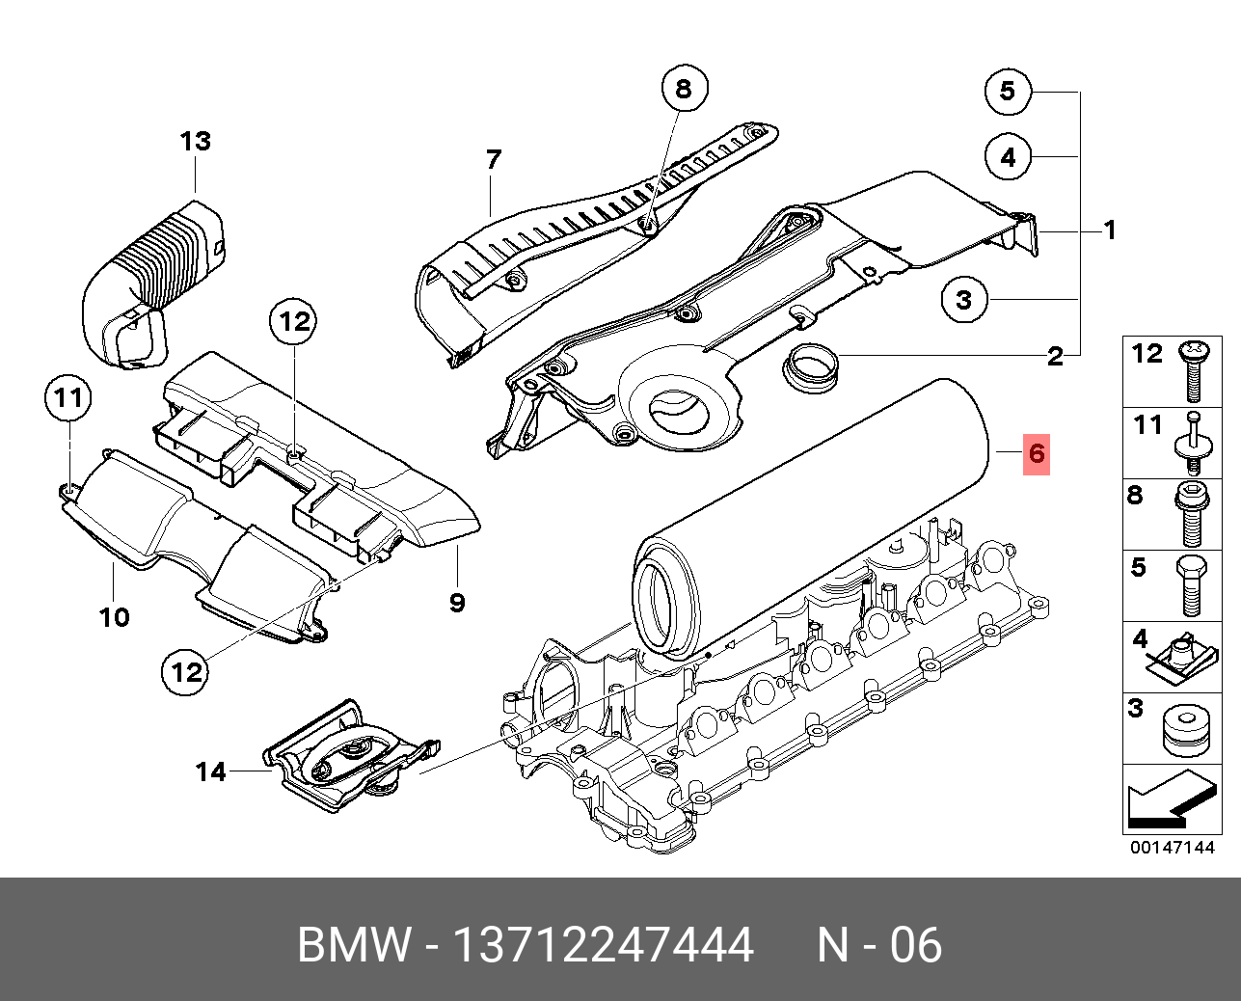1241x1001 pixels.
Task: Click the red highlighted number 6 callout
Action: [x=1037, y=453]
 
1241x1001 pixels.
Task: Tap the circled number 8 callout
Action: [x=684, y=90]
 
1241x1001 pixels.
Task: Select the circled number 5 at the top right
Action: [x=1008, y=91]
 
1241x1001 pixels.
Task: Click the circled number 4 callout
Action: [x=1008, y=156]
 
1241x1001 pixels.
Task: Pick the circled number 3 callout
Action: [x=964, y=300]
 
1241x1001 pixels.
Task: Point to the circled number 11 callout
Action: [x=68, y=397]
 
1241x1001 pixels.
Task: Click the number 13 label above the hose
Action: [x=195, y=142]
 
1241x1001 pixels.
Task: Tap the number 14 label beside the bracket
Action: [x=211, y=771]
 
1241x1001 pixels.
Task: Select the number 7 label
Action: [x=494, y=159]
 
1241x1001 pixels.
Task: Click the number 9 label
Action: [x=457, y=603]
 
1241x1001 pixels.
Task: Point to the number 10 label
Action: [x=114, y=617]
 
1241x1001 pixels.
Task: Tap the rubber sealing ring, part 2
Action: [x=810, y=367]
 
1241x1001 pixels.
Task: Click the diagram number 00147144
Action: [x=1172, y=848]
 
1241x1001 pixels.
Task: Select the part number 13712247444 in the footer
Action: [x=603, y=945]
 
